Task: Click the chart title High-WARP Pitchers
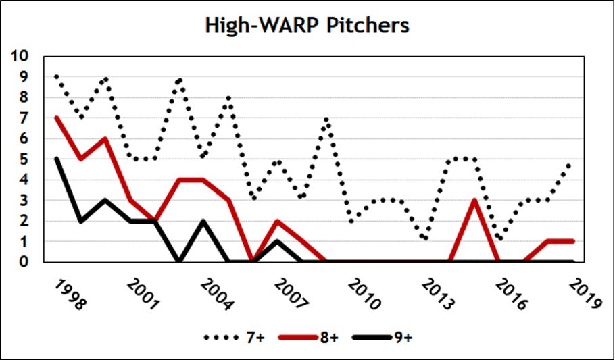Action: coord(307,26)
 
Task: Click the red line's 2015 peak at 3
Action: coord(475,200)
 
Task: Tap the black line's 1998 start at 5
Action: coord(56,159)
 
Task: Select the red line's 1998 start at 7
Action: coord(56,118)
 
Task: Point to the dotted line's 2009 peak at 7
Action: coord(326,119)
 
